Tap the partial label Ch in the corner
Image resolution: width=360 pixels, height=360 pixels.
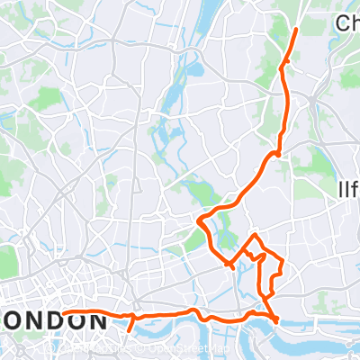(346, 22)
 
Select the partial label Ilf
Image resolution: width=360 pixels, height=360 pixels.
(347, 190)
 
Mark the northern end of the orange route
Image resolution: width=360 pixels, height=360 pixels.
(296, 30)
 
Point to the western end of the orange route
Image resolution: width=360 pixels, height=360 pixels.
(64, 314)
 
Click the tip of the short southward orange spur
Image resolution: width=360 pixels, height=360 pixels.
(130, 329)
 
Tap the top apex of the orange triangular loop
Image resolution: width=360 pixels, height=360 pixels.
(256, 234)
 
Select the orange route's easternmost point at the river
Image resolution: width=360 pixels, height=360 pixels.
(276, 319)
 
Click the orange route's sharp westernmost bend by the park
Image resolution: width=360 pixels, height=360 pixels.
(199, 218)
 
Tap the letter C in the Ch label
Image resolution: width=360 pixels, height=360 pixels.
(340, 22)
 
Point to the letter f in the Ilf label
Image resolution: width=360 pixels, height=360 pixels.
(355, 190)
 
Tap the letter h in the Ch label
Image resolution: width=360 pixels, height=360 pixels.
(354, 22)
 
